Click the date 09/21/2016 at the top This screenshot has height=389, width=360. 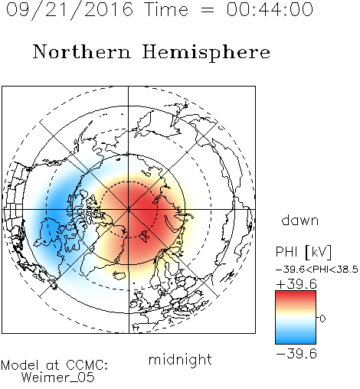(70, 10)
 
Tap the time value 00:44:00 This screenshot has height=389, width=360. (270, 9)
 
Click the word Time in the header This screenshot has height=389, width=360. (166, 9)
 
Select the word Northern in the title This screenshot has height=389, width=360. (82, 51)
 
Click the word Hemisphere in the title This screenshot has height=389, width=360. (206, 53)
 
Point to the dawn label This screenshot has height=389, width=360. (300, 221)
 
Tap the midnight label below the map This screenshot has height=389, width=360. (180, 359)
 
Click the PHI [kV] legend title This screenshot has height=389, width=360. (303, 252)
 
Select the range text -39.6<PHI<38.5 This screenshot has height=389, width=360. (317, 270)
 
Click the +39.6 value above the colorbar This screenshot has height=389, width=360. (296, 284)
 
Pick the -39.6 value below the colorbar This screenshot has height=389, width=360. (296, 354)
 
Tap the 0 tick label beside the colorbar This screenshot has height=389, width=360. (322, 319)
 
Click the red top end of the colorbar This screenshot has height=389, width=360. (296, 293)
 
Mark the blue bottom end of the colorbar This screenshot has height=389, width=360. (296, 342)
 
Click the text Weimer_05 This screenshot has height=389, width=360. (58, 378)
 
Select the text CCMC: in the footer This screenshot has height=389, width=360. (87, 365)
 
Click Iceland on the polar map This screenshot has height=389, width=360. (119, 275)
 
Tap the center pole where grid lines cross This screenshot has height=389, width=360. (129, 209)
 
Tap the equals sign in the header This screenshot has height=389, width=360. (207, 10)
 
